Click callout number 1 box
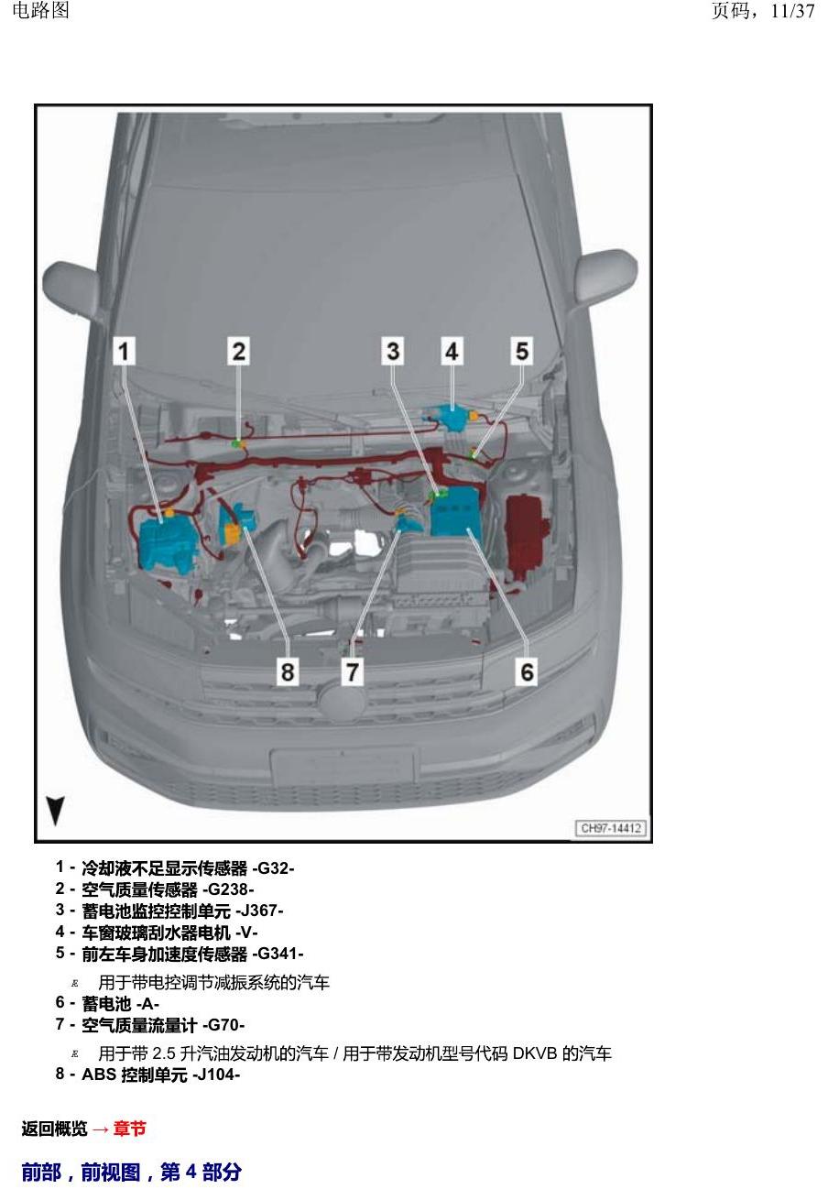125,352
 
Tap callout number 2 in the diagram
238,352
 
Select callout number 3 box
393,352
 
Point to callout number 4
452,352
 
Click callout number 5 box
522,352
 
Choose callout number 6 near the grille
527,671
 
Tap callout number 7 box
352,671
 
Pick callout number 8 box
288,671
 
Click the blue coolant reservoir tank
165,542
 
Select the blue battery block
456,512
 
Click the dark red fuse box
528,531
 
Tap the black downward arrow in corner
55,811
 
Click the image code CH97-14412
611,828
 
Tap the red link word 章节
130,1129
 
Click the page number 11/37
792,11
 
